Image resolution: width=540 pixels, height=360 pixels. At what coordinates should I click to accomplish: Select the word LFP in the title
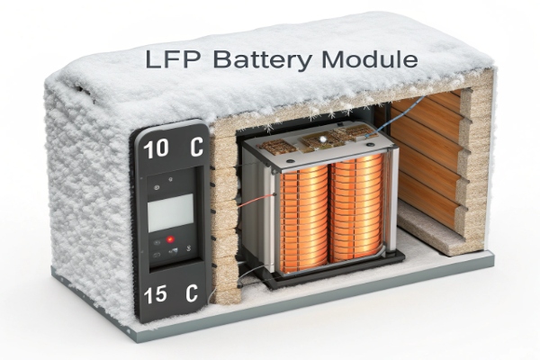coord(176,60)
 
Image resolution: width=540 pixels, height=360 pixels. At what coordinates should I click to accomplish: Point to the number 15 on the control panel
coord(156,293)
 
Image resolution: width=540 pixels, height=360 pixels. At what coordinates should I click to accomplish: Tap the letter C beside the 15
coord(190,293)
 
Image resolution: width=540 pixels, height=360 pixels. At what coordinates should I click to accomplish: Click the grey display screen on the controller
coord(171,211)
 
